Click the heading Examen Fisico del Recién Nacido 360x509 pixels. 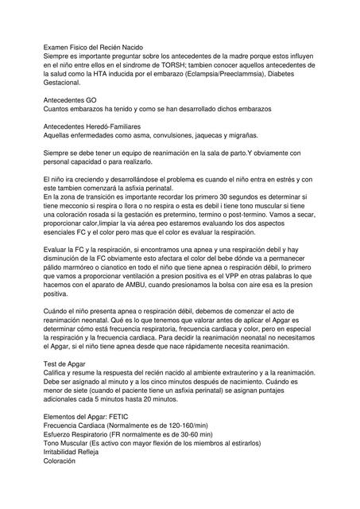click(92, 49)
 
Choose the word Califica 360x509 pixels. click(58, 373)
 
